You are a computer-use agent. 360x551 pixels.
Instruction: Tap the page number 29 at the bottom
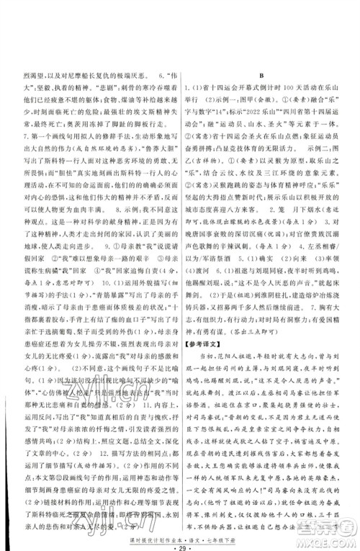click(179, 528)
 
